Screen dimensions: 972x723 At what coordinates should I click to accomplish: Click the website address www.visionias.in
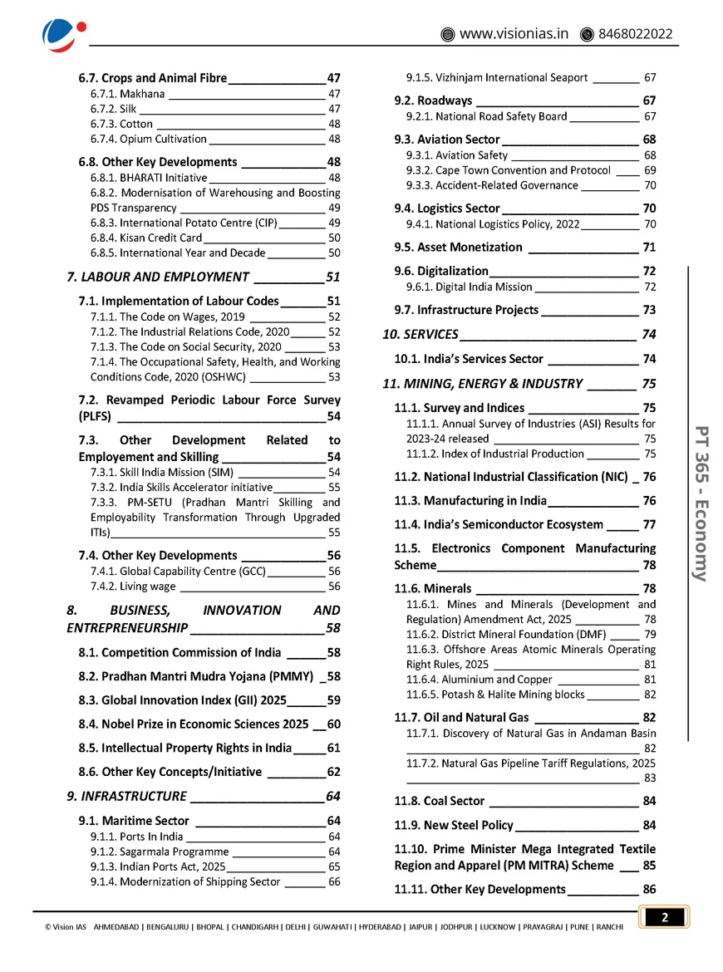[514, 34]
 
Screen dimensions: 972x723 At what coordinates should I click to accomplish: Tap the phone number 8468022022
[636, 34]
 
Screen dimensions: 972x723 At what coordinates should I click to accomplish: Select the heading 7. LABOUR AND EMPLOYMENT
[158, 277]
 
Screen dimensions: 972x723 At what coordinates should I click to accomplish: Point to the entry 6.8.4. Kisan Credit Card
[145, 238]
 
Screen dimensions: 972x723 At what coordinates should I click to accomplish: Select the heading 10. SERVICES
[421, 334]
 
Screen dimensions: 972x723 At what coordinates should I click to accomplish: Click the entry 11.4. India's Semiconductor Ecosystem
[499, 524]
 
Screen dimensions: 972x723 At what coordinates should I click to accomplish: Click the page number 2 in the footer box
[665, 917]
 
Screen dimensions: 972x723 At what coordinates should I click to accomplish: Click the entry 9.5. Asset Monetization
[459, 247]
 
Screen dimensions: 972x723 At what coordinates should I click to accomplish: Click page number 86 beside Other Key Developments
[649, 889]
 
